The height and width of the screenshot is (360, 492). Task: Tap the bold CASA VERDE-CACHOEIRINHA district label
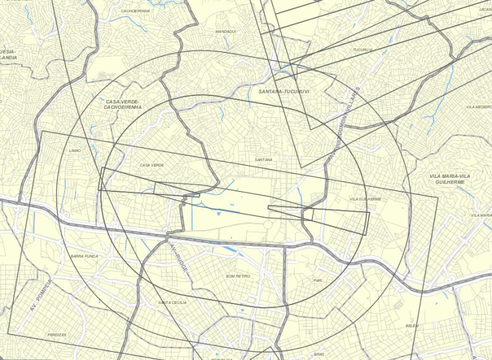click(123, 104)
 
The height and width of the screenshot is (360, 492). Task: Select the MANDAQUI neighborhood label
click(226, 31)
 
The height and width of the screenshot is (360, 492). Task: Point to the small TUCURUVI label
click(363, 50)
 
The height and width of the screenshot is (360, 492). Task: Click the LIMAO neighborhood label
click(75, 150)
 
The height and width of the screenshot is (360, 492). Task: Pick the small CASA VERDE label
click(152, 165)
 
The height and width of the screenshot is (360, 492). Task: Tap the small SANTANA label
click(263, 159)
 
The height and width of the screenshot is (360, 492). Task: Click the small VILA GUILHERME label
click(365, 199)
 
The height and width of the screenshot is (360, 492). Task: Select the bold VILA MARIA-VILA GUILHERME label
click(450, 179)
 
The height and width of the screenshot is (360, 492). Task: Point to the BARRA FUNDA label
click(84, 256)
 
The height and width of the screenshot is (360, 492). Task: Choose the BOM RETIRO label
click(238, 276)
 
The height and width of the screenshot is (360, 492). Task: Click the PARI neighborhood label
click(318, 281)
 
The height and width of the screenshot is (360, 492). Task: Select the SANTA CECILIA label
click(172, 303)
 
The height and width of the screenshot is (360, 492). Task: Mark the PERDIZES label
click(57, 335)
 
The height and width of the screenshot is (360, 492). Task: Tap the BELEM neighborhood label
click(412, 326)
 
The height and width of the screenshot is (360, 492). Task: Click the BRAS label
click(319, 354)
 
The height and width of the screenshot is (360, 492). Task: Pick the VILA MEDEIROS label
click(478, 106)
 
